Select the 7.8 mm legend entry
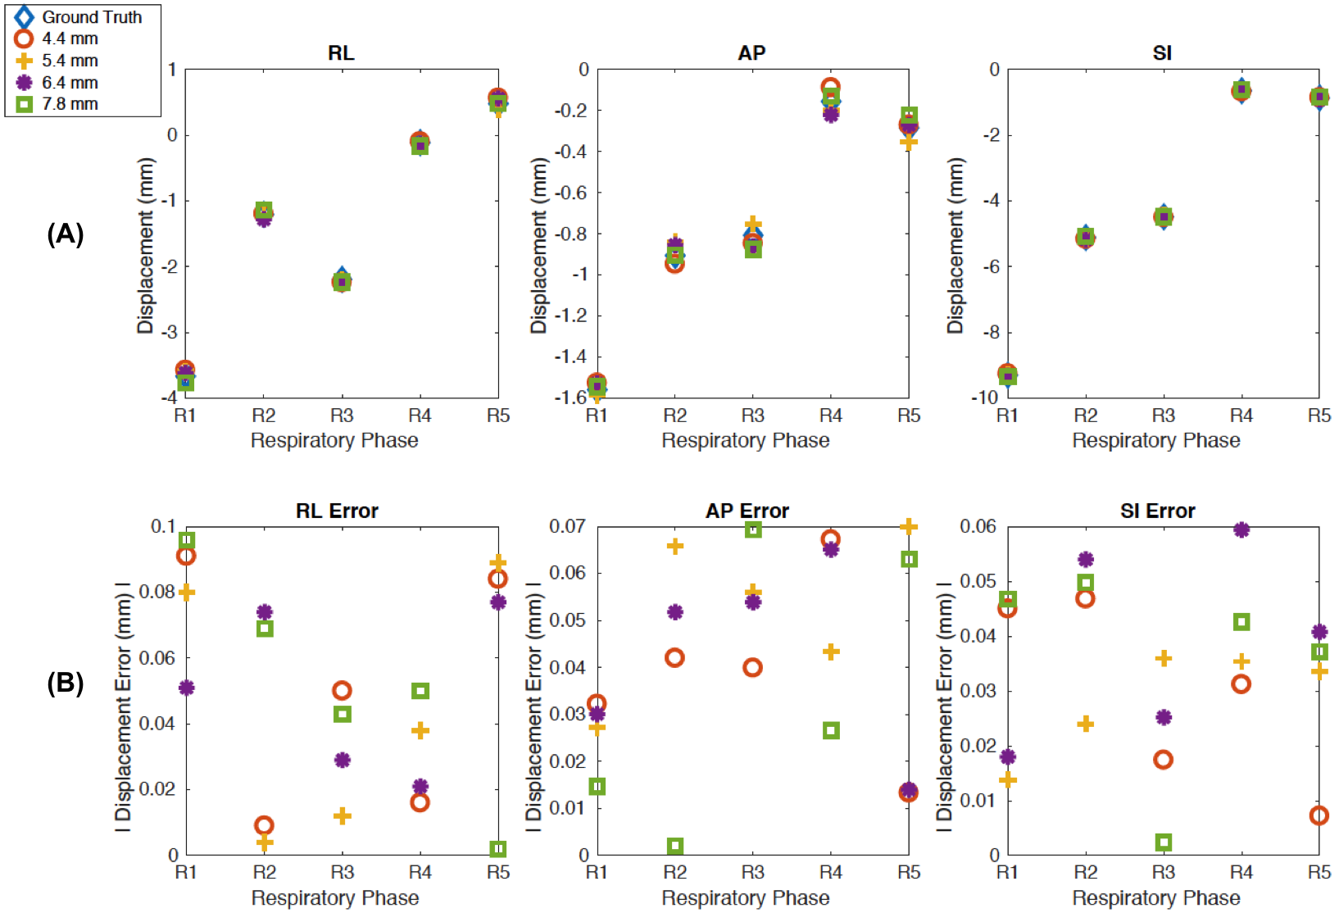click(70, 104)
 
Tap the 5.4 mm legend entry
click(70, 61)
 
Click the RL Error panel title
click(337, 511)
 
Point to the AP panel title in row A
click(751, 53)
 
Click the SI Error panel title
click(1157, 511)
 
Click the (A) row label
click(66, 234)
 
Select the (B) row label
click(66, 683)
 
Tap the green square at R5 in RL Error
click(498, 848)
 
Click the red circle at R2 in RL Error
click(264, 825)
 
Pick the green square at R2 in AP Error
click(674, 846)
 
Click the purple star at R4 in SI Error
click(1241, 530)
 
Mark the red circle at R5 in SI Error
click(1319, 815)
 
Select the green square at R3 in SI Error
click(1163, 843)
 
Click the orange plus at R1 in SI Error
click(1008, 779)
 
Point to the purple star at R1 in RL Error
click(187, 688)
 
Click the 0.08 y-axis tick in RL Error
click(157, 592)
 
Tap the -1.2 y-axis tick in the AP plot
click(570, 316)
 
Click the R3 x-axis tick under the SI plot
click(1163, 416)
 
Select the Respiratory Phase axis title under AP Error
click(745, 898)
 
